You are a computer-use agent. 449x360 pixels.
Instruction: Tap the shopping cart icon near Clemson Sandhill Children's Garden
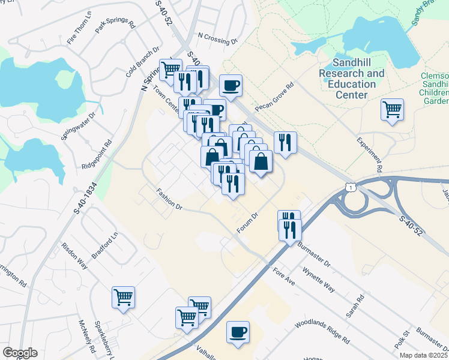tap(392, 110)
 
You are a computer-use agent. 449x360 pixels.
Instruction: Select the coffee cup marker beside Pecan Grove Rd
tap(231, 86)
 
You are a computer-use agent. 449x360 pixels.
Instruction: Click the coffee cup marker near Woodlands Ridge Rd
tap(238, 331)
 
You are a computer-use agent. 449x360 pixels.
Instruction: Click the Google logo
tap(20, 353)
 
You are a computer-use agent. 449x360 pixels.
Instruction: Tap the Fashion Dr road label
tap(169, 200)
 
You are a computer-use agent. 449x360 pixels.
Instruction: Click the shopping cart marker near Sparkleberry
tap(123, 297)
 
